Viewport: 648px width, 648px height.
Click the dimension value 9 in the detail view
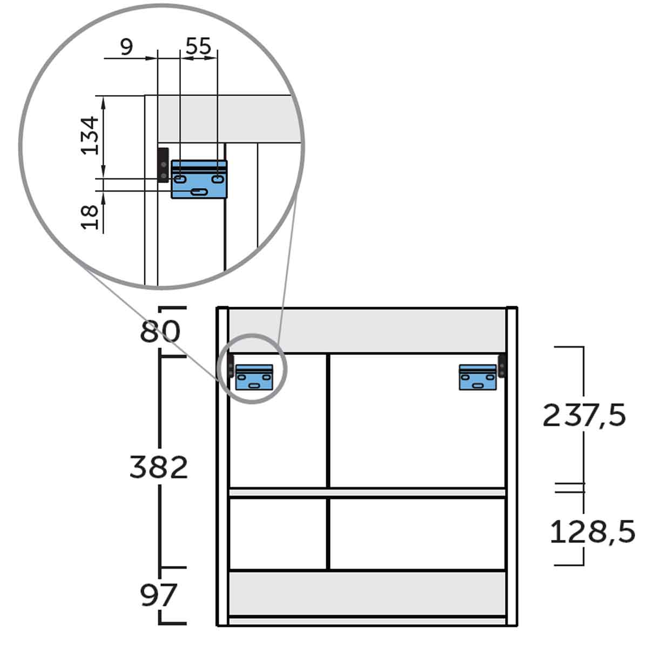coord(126,48)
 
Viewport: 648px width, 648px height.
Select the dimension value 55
coord(198,46)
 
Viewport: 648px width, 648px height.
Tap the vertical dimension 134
coord(90,135)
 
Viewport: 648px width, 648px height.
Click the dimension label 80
coord(160,332)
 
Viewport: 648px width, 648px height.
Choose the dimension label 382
coord(159,467)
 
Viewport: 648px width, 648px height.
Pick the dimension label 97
coord(159,595)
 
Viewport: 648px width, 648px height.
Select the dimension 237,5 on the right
coord(584,415)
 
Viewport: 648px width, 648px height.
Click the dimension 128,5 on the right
coord(592,532)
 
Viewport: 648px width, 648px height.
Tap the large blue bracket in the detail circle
coord(199,180)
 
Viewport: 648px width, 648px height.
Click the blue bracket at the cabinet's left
coord(254,377)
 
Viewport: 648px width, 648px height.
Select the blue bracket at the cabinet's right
coord(478,377)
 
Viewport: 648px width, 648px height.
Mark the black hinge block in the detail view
coord(163,165)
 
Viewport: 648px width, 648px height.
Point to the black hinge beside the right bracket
coord(502,366)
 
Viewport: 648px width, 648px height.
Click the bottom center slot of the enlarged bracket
coord(199,192)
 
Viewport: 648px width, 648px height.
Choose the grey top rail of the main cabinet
coord(367,330)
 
